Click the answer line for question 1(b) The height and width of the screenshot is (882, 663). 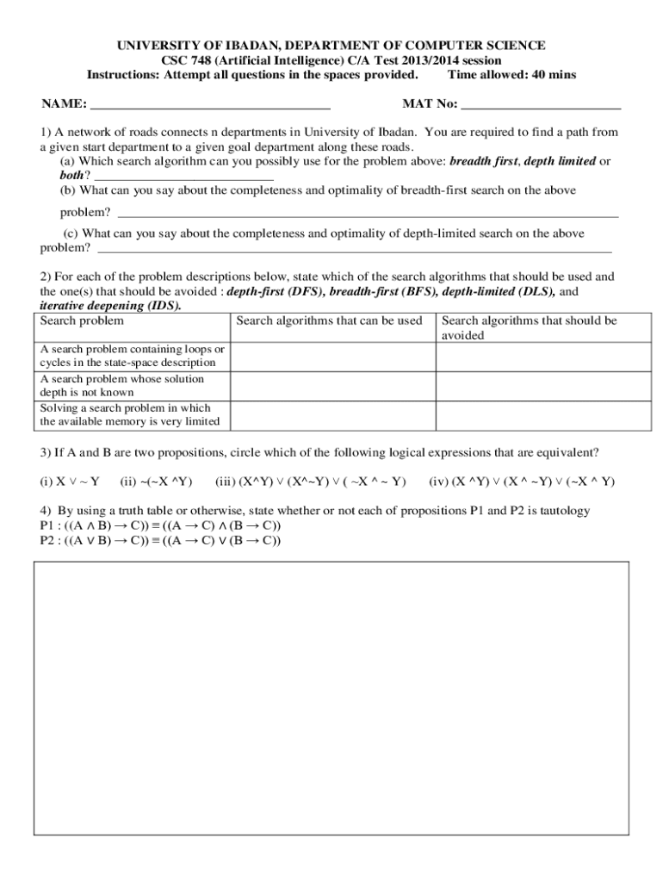pos(368,213)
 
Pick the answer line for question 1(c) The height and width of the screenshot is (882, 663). pos(355,250)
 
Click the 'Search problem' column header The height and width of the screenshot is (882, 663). pos(83,321)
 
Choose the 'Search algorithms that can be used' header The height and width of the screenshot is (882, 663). pos(330,321)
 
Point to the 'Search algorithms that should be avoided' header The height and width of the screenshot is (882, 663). pos(529,328)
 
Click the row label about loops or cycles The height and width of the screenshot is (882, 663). pos(133,357)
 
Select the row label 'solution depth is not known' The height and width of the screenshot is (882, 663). pos(133,386)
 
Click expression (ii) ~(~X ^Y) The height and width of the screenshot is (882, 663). pos(157,481)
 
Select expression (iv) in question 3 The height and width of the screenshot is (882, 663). pos(522,481)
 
